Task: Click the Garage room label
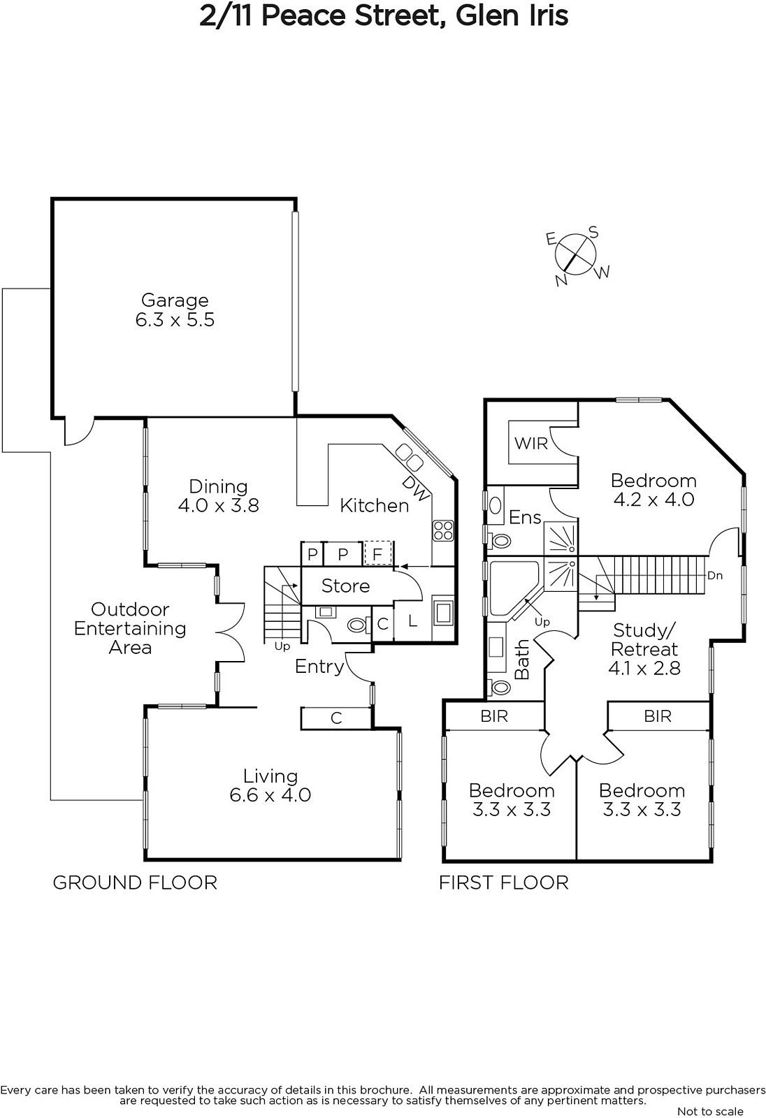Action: coord(175,300)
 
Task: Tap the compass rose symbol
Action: coord(575,254)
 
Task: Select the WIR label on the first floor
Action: coord(530,443)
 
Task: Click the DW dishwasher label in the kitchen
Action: coord(415,488)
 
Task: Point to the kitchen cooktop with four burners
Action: coord(443,530)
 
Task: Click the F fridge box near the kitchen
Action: coord(377,554)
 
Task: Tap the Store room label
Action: coord(345,586)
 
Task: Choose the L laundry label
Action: coord(412,621)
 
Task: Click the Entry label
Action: coord(319,667)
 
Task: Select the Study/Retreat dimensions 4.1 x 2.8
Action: coord(644,668)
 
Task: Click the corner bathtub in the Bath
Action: coord(515,589)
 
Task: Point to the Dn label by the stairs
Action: coord(715,576)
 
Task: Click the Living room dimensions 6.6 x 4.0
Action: coord(270,794)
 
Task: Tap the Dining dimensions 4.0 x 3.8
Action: coord(218,505)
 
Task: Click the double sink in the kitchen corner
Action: coord(409,457)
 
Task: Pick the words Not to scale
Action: coord(710,1111)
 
